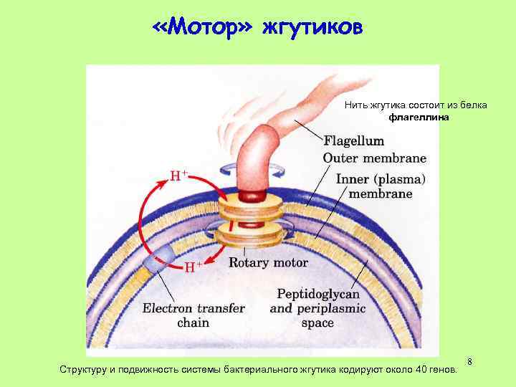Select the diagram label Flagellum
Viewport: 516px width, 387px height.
pos(353,141)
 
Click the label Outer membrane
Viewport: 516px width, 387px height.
pos(374,158)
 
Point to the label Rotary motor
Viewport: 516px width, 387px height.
pos(268,262)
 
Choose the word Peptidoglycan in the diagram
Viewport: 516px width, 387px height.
pos(318,294)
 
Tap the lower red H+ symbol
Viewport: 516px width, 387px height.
pos(191,267)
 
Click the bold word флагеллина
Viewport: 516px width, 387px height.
pos(419,118)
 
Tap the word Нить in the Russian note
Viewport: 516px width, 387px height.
pos(355,105)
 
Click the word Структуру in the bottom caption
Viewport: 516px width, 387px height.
pos(85,368)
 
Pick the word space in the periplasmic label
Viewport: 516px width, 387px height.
pos(317,322)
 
